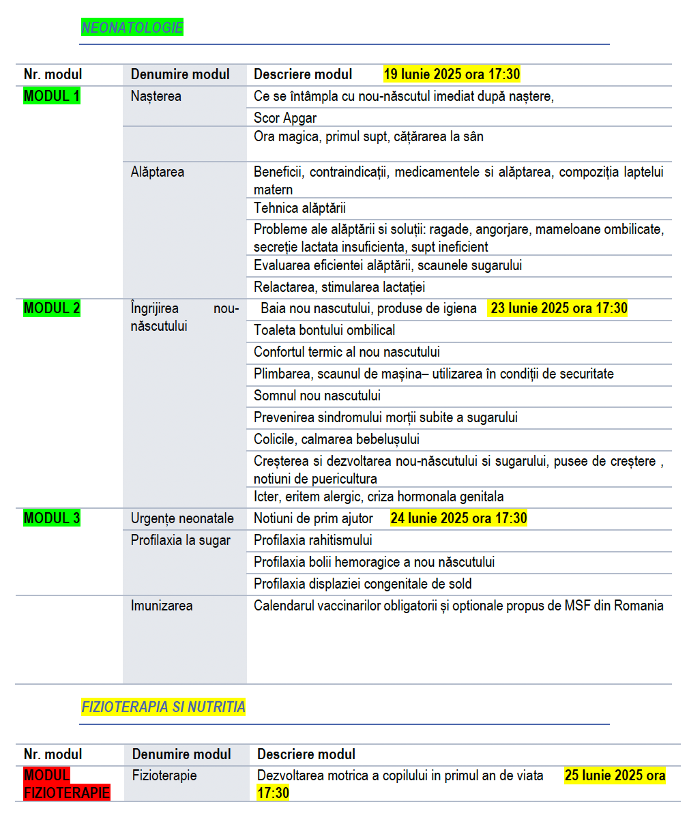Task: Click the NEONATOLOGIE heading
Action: point(132,28)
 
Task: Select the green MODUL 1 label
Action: point(52,96)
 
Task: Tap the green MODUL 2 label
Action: point(52,308)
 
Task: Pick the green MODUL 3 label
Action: point(52,518)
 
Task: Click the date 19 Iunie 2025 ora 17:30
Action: point(452,74)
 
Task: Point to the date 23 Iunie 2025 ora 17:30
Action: point(559,308)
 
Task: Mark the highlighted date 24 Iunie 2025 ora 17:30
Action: point(458,518)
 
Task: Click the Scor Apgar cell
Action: point(285,118)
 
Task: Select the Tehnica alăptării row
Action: point(300,208)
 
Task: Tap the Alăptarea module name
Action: point(158,172)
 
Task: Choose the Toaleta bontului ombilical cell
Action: point(325,330)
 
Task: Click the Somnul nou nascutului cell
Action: point(317,396)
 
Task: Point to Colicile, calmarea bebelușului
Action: point(336,439)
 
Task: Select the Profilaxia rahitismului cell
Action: point(313,540)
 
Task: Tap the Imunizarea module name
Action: point(162,606)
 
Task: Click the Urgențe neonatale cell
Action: point(182,518)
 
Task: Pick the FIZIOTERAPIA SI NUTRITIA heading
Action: point(163,707)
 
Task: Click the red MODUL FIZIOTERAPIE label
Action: point(67,784)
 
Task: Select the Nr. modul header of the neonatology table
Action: point(53,74)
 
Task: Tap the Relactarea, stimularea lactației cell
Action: point(340,287)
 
